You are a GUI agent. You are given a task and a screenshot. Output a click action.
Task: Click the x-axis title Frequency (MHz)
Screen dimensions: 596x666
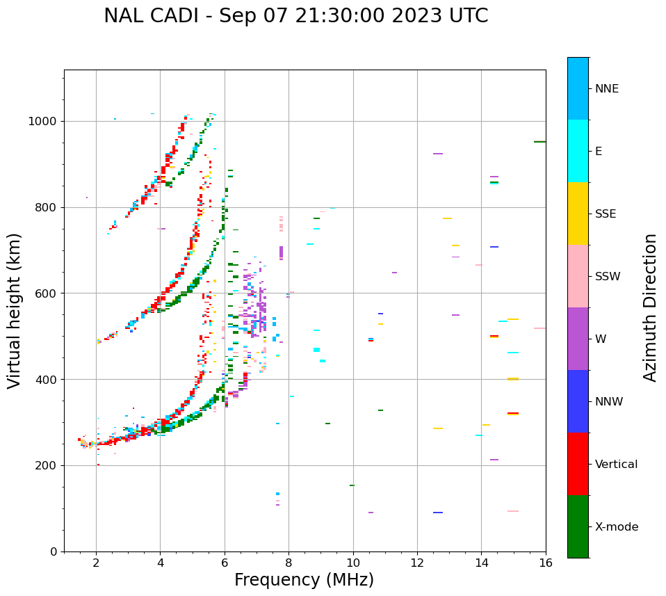[x=304, y=580]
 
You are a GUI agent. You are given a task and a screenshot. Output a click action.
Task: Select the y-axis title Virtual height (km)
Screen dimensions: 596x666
[x=15, y=311]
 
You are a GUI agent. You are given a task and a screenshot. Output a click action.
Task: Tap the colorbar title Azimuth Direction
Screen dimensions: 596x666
[x=650, y=307]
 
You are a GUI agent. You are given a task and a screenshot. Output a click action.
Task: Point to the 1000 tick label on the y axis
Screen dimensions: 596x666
[x=44, y=122]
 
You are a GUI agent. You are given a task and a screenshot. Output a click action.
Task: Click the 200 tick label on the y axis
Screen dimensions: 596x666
[x=47, y=465]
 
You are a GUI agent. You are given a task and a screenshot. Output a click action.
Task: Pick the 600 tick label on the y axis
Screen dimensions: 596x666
[x=47, y=293]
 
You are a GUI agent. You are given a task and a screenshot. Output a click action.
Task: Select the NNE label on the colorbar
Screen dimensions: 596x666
[x=606, y=89]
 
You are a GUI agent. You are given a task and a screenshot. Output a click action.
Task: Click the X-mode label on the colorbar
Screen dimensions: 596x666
[x=617, y=527]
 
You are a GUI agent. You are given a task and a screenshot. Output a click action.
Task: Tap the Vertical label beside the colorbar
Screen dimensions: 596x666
[x=616, y=465]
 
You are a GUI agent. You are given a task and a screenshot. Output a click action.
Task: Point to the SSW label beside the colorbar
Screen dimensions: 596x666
[x=608, y=277]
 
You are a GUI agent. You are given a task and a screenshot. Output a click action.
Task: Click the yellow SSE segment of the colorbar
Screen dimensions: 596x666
[x=578, y=214]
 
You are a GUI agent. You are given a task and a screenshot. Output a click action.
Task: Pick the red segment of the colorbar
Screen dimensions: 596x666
[x=578, y=464]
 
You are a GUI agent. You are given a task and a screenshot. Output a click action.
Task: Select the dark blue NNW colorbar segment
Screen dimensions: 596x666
[x=578, y=401]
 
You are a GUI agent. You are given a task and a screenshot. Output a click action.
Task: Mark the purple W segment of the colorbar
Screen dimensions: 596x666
[x=578, y=339]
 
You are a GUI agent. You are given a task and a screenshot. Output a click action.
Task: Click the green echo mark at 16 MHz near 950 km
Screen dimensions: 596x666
[x=539, y=142]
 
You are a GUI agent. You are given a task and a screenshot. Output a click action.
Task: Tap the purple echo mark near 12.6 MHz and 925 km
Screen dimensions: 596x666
[x=438, y=154]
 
